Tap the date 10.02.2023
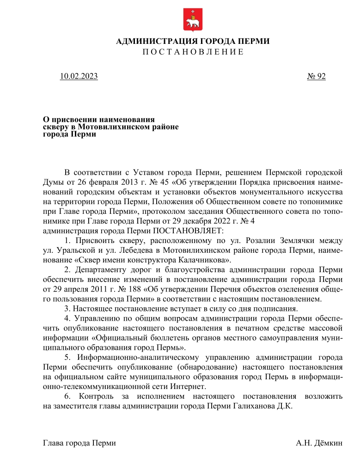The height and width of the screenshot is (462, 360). click(x=79, y=76)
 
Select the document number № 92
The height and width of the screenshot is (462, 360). click(x=316, y=76)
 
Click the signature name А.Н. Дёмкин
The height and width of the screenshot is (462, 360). click(x=319, y=444)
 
